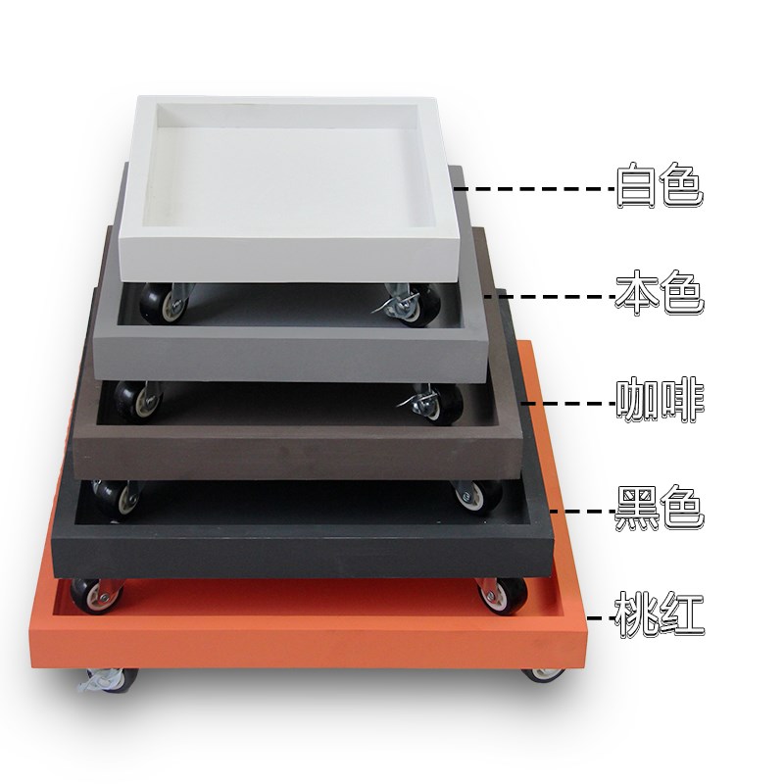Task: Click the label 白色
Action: tap(660, 184)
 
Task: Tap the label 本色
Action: tap(660, 292)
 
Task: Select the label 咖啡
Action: tap(660, 401)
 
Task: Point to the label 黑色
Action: tap(660, 508)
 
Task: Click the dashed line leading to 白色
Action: tap(534, 189)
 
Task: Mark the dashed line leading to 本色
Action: tap(550, 297)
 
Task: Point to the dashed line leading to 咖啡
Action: tap(568, 403)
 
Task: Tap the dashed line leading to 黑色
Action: tap(582, 511)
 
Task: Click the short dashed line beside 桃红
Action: tap(601, 618)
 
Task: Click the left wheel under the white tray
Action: tap(165, 303)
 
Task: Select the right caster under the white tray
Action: tap(411, 304)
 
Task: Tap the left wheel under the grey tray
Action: tap(137, 401)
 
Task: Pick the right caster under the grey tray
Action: tap(433, 404)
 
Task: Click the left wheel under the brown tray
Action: tap(117, 499)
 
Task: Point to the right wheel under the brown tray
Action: tap(478, 496)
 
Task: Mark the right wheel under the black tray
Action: tap(502, 595)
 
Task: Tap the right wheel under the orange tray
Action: tap(545, 675)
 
